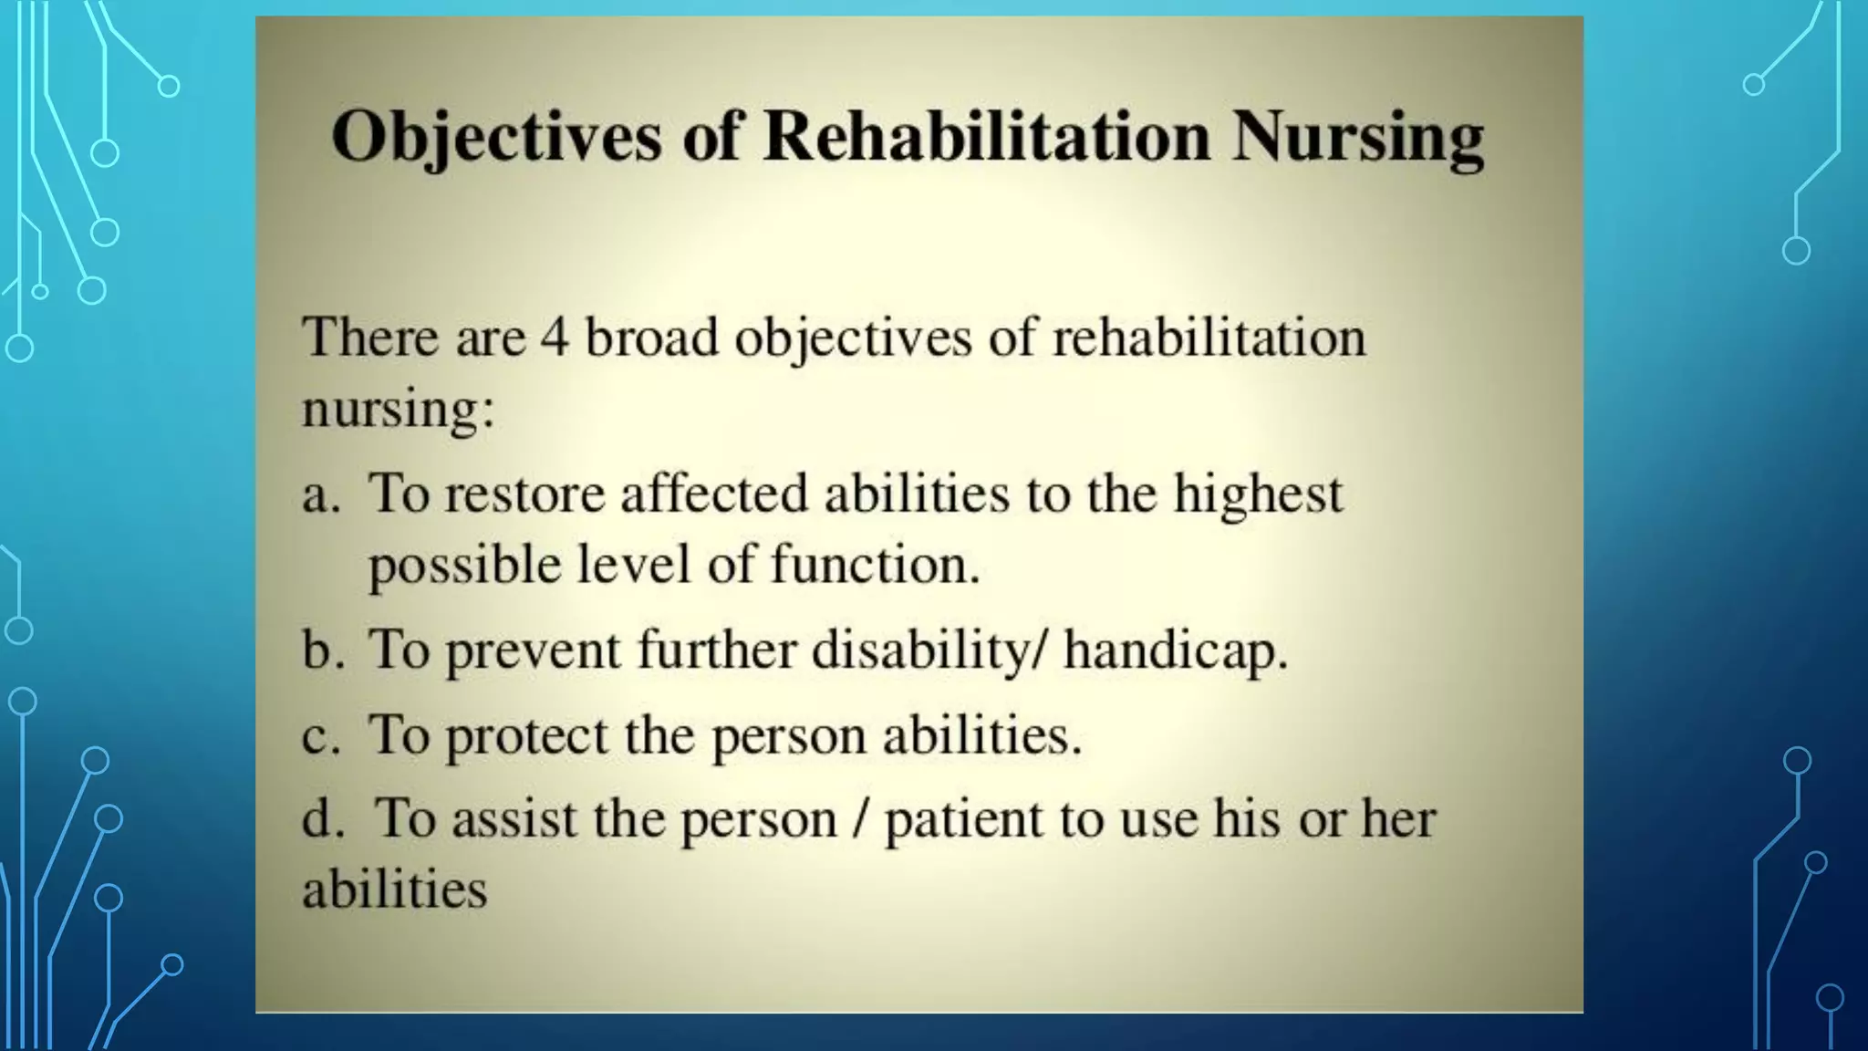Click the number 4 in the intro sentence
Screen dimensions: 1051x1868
(555, 337)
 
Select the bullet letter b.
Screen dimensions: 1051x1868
(321, 650)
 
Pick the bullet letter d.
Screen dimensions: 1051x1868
(321, 817)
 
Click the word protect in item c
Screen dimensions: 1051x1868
(525, 736)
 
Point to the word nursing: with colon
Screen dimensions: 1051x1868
(398, 409)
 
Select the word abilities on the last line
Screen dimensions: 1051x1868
(394, 889)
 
